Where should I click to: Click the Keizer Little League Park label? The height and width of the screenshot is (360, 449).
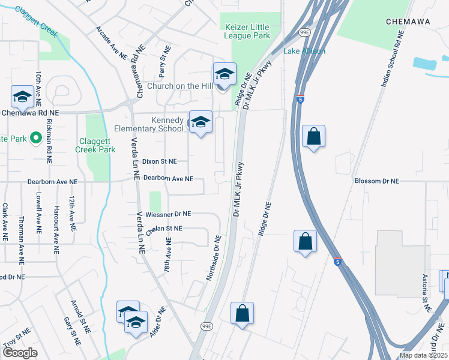point(253,31)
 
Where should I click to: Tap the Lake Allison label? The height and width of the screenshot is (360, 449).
point(304,51)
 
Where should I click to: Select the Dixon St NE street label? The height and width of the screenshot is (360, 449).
point(159,161)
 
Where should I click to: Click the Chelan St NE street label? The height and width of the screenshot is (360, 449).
point(164,229)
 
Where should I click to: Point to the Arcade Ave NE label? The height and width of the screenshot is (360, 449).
point(112,42)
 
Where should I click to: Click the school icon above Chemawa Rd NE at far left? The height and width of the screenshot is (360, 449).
point(22,97)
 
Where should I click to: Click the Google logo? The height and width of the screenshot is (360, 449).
point(20,353)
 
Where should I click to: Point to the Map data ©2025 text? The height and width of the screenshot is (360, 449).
point(423,355)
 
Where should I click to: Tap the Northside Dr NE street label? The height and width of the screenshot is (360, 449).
point(214,257)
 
